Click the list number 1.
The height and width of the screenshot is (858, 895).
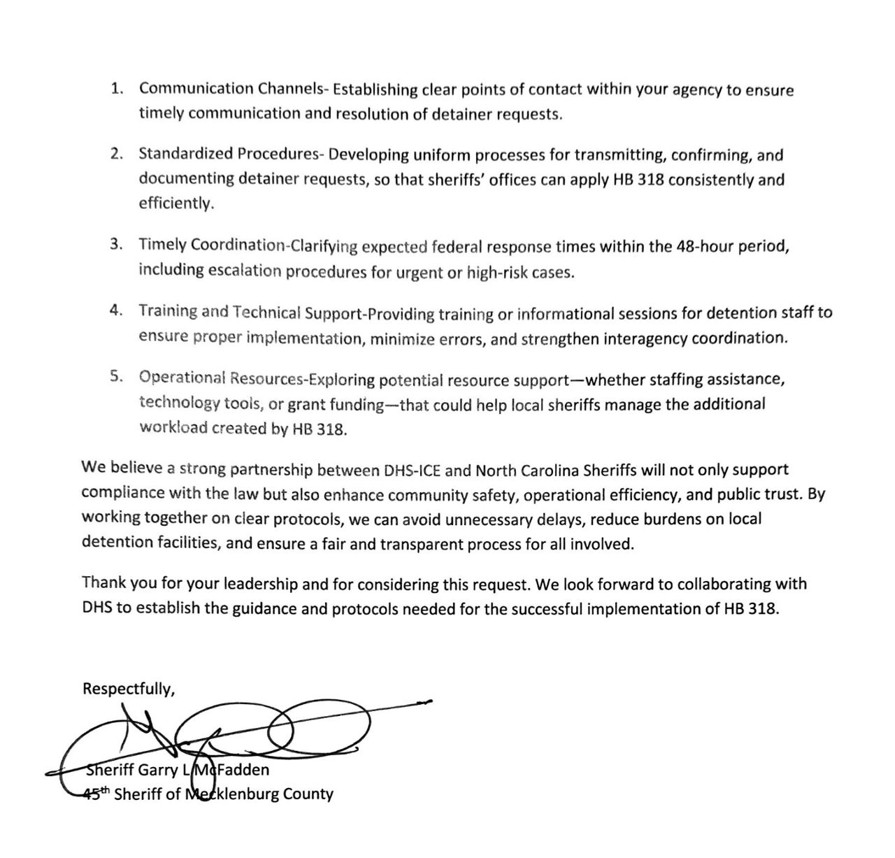click(x=117, y=89)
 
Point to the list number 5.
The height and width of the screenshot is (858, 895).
click(x=117, y=376)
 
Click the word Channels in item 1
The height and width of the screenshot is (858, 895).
click(x=294, y=90)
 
